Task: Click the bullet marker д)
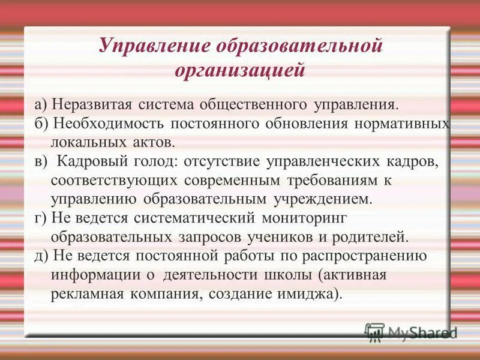41,255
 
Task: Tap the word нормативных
405,124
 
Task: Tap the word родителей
370,236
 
